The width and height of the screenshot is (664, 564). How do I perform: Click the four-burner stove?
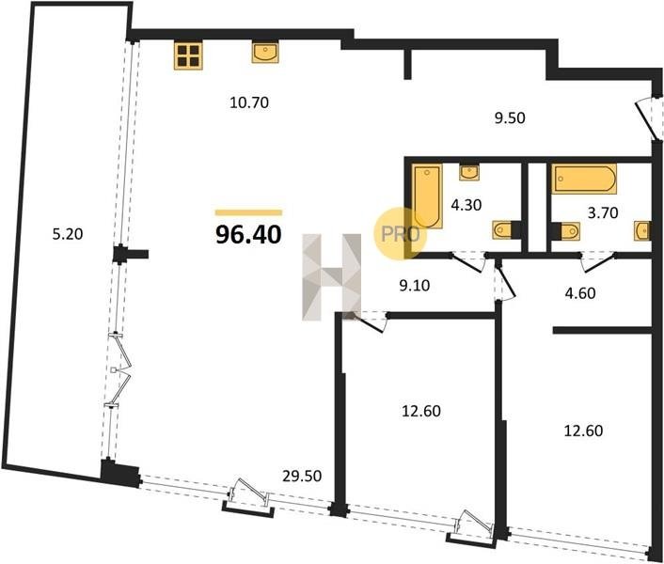pyautogui.click(x=188, y=55)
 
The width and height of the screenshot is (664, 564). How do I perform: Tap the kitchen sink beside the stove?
pyautogui.click(x=265, y=53)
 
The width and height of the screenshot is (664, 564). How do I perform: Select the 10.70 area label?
pyautogui.click(x=249, y=102)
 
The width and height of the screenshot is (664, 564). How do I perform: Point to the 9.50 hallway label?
pyautogui.click(x=510, y=118)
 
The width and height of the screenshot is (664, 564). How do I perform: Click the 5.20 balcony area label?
pyautogui.click(x=68, y=234)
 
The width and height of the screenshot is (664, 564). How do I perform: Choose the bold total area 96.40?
pyautogui.click(x=248, y=234)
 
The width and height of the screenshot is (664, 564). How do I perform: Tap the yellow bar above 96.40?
pyautogui.click(x=248, y=212)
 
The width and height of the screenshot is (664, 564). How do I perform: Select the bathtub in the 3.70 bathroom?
pyautogui.click(x=584, y=179)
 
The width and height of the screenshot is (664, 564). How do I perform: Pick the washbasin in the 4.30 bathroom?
pyautogui.click(x=469, y=172)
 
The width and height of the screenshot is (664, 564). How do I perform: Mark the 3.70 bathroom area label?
pyautogui.click(x=603, y=212)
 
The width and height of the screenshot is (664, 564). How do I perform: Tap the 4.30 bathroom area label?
pyautogui.click(x=466, y=205)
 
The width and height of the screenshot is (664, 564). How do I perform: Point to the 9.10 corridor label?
pyautogui.click(x=415, y=286)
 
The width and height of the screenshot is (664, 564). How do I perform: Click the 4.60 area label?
pyautogui.click(x=580, y=293)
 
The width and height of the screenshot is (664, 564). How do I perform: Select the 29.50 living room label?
pyautogui.click(x=302, y=477)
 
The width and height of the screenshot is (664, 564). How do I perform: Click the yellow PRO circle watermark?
pyautogui.click(x=400, y=233)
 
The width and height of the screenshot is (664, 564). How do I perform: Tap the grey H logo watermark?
pyautogui.click(x=332, y=276)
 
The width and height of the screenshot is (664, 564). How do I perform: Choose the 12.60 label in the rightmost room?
pyautogui.click(x=583, y=431)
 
